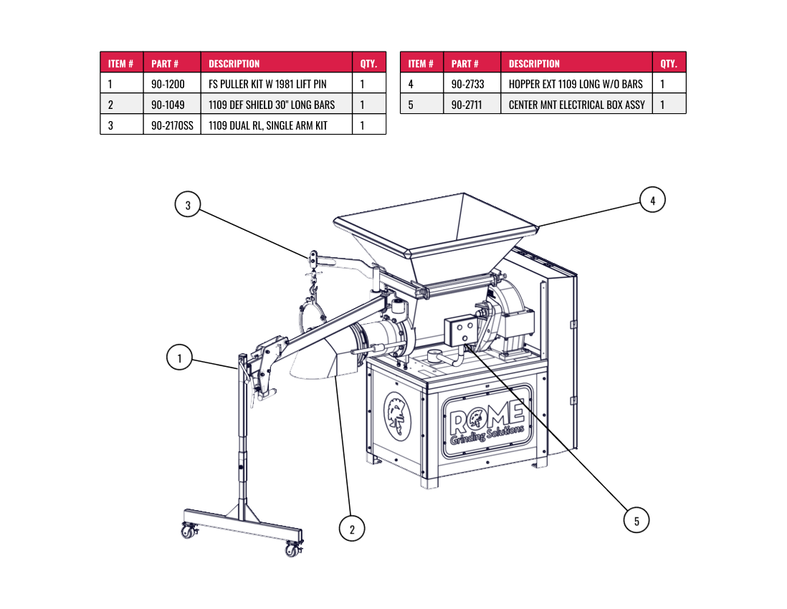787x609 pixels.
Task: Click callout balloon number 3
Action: pyautogui.click(x=188, y=205)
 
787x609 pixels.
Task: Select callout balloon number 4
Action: pyautogui.click(x=652, y=200)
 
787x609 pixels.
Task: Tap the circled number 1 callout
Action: pyautogui.click(x=179, y=358)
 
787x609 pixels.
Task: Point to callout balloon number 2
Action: pyautogui.click(x=352, y=529)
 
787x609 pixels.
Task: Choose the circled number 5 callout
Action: pyautogui.click(x=636, y=520)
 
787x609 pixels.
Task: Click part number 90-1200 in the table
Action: pyautogui.click(x=168, y=84)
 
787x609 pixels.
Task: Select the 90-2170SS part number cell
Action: pyautogui.click(x=172, y=125)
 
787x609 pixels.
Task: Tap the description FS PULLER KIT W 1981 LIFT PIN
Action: pyautogui.click(x=267, y=84)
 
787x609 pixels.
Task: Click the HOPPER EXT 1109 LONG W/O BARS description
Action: pyautogui.click(x=576, y=84)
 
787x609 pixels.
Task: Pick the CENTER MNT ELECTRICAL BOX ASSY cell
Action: pyautogui.click(x=577, y=105)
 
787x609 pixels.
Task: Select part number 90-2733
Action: pyautogui.click(x=468, y=84)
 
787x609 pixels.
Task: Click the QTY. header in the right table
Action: pyautogui.click(x=669, y=64)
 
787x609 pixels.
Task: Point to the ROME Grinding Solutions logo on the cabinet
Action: pyautogui.click(x=487, y=422)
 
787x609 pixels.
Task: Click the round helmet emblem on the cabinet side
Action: pyautogui.click(x=397, y=416)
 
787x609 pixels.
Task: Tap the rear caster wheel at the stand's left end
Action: pyautogui.click(x=189, y=531)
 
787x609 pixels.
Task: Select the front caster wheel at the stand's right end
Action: pyautogui.click(x=292, y=550)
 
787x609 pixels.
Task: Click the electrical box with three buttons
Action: pyautogui.click(x=462, y=330)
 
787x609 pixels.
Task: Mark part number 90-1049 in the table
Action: pyautogui.click(x=168, y=105)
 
